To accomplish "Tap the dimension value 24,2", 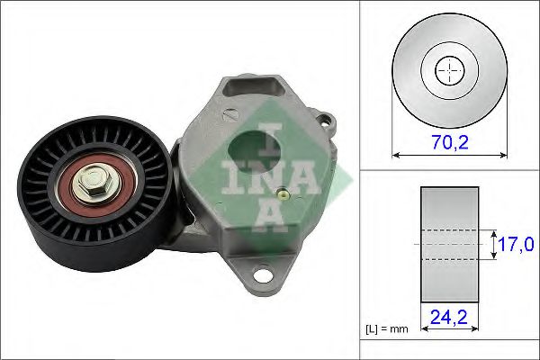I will pos(448,316).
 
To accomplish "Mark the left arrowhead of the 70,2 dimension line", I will pos(397,156).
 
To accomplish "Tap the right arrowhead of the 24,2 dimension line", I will pos(475,330).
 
